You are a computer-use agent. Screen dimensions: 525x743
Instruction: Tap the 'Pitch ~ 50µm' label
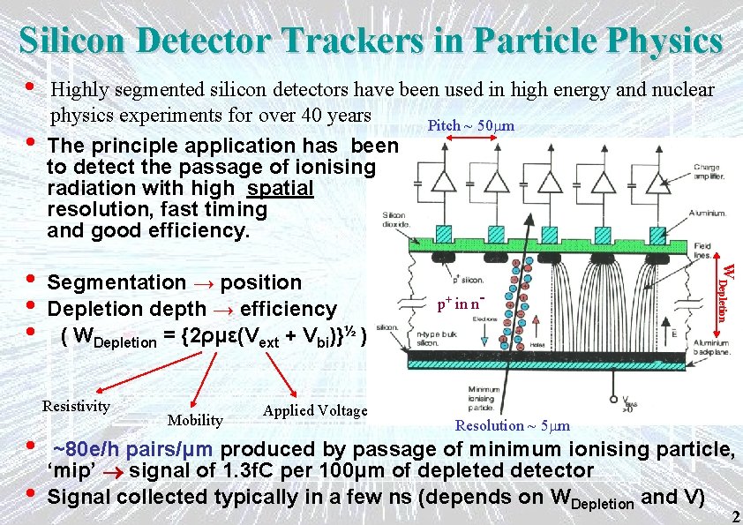click(470, 125)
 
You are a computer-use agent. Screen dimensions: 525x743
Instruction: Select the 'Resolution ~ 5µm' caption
click(512, 425)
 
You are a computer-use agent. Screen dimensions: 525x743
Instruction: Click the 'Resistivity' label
click(76, 406)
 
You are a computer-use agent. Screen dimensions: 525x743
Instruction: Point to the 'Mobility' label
click(195, 420)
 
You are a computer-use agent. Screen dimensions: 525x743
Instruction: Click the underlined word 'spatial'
click(281, 189)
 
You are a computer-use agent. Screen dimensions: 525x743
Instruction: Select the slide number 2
click(735, 516)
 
